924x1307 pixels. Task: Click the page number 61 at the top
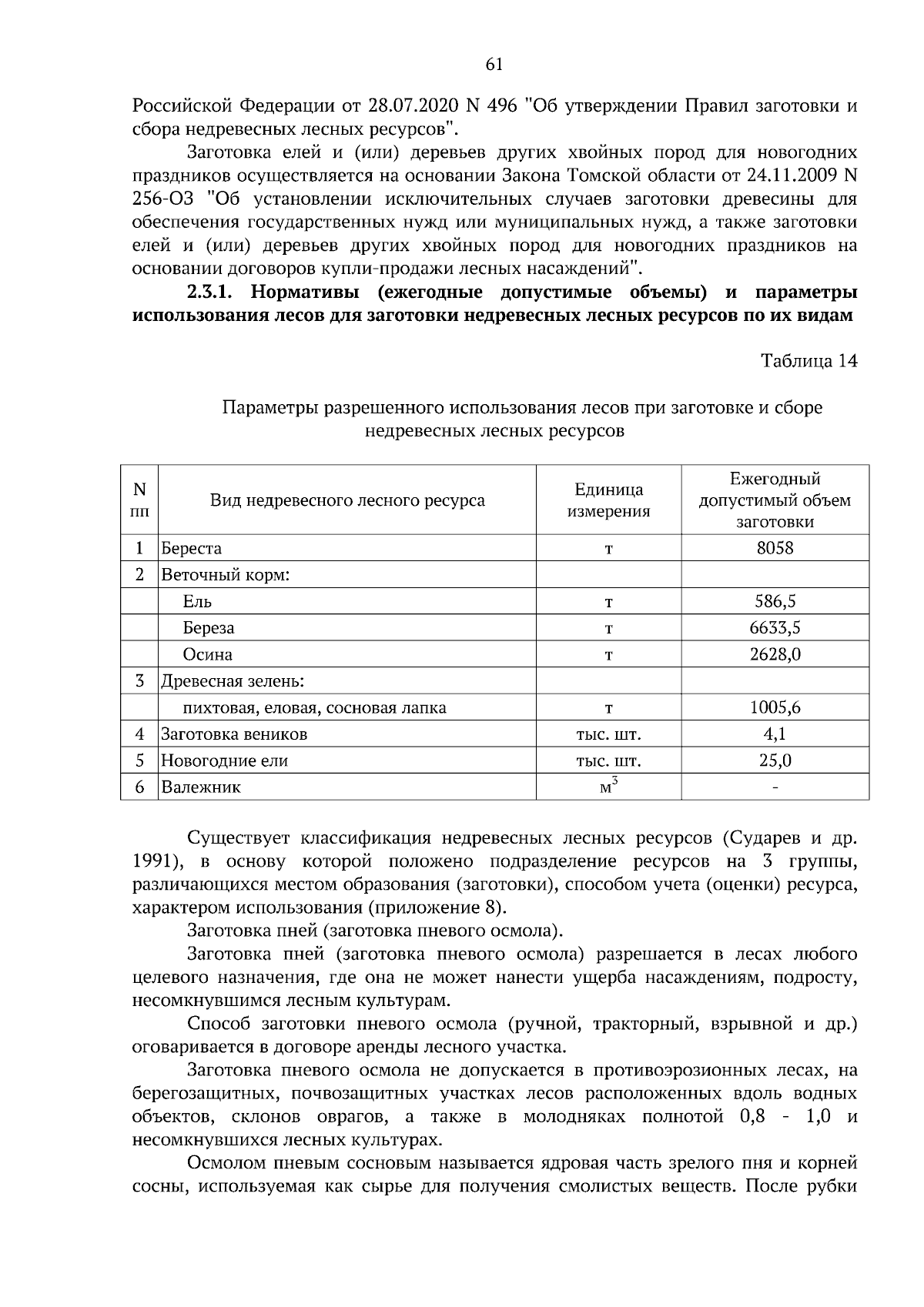pyautogui.click(x=494, y=65)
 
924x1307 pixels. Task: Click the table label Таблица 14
pyautogui.click(x=808, y=361)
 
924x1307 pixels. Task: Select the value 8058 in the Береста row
pyautogui.click(x=775, y=548)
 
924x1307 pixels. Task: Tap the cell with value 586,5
pyautogui.click(x=775, y=601)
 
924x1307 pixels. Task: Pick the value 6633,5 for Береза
pyautogui.click(x=775, y=628)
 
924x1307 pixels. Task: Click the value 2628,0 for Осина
pyautogui.click(x=775, y=654)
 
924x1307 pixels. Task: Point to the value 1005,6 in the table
pyautogui.click(x=775, y=707)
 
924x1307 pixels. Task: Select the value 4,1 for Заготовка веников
pyautogui.click(x=775, y=734)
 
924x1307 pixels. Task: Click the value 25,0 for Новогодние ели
pyautogui.click(x=775, y=760)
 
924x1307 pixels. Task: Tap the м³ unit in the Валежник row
pyautogui.click(x=608, y=787)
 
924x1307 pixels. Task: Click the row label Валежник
pyautogui.click(x=201, y=787)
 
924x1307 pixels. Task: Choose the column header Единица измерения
pyautogui.click(x=608, y=500)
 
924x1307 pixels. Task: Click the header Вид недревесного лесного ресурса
pyautogui.click(x=347, y=500)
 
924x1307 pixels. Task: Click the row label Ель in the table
pyautogui.click(x=197, y=601)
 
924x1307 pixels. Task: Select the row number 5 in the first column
pyautogui.click(x=139, y=760)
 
